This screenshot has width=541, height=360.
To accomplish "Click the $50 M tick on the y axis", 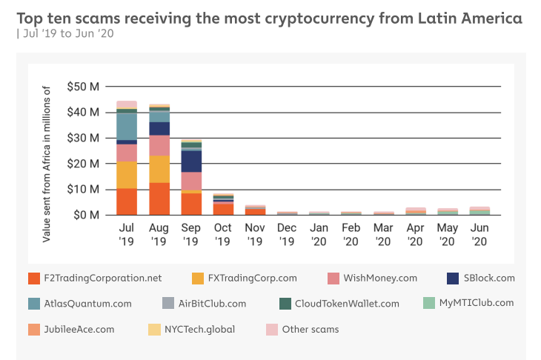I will click(x=83, y=87).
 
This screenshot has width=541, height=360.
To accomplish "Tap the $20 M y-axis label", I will click(x=83, y=164).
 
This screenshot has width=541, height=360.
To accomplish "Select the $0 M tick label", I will click(x=86, y=215).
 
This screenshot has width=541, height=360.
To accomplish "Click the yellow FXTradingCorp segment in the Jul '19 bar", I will click(x=127, y=175).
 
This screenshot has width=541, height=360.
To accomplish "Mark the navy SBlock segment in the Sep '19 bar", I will click(x=191, y=161).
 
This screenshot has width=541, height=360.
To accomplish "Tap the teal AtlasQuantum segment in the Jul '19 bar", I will click(x=127, y=126).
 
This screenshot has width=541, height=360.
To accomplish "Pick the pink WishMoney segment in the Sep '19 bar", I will click(x=191, y=181).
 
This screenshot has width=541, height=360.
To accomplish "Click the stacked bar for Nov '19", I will click(x=255, y=210).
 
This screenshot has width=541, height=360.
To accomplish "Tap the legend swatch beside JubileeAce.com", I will click(x=33, y=328).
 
